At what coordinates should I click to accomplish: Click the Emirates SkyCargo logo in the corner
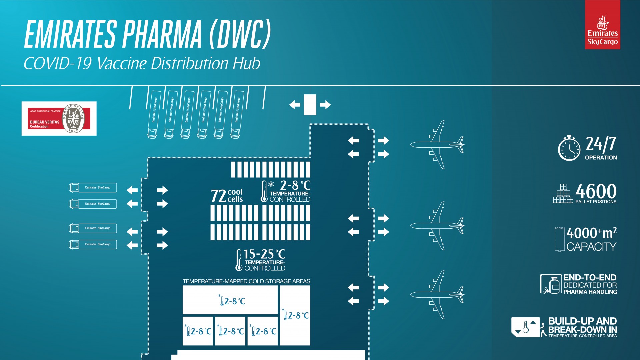coord(602,25)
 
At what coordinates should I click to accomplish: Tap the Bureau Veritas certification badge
coord(59,119)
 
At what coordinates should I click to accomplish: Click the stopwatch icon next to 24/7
coord(569,148)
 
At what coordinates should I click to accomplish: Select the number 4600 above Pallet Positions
coord(596,191)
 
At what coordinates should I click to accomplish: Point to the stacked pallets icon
coord(563,194)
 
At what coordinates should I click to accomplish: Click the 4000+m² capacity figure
coord(591,233)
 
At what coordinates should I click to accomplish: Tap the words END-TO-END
coord(590,277)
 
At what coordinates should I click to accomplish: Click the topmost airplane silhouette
coord(437,145)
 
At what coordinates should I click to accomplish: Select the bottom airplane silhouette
coord(437,295)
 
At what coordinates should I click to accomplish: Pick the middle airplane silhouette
coord(437,226)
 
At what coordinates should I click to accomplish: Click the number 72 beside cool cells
coord(218,196)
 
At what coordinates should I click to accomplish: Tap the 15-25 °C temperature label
coord(264,254)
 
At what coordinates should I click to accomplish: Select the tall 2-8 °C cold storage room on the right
coord(295,315)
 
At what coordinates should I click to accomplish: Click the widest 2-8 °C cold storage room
coord(230,300)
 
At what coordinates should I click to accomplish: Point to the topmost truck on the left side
coord(93,188)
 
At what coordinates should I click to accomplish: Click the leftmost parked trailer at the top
coord(154,114)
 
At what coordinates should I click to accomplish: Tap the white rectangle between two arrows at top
coord(310,105)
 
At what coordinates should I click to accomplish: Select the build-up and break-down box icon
coord(525,327)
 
